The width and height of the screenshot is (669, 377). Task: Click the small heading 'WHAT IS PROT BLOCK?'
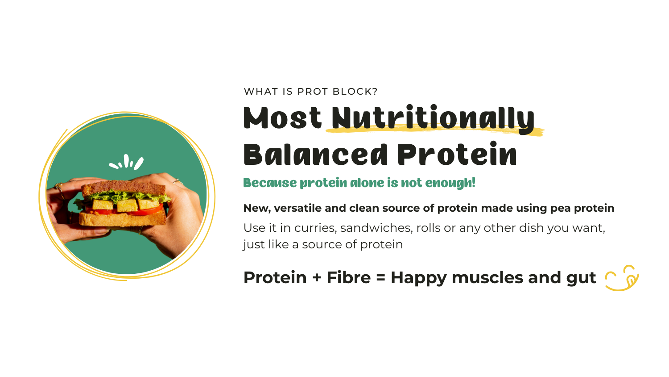310,92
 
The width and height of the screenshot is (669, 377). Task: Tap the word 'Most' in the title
282,118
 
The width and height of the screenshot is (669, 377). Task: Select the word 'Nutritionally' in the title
433,119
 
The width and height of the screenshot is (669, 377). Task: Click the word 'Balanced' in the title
315,155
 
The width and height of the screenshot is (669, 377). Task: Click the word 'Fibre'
348,278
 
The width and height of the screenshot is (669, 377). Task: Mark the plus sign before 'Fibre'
317,278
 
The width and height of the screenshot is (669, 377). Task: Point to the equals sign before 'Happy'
380,278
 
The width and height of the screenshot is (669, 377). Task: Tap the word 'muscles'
487,278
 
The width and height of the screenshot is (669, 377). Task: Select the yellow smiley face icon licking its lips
622,278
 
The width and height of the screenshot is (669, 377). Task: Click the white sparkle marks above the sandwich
127,163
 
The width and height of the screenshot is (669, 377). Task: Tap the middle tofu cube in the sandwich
127,205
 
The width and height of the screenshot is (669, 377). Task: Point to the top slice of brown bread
125,187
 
